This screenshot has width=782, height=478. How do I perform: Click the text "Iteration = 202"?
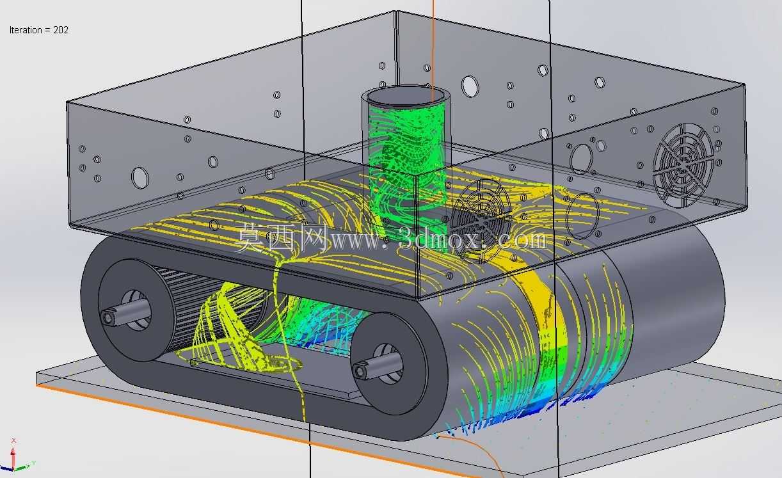39,30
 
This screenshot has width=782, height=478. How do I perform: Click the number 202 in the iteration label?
61,30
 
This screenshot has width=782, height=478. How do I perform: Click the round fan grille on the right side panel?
683,165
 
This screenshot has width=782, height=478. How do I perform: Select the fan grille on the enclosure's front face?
480,221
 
